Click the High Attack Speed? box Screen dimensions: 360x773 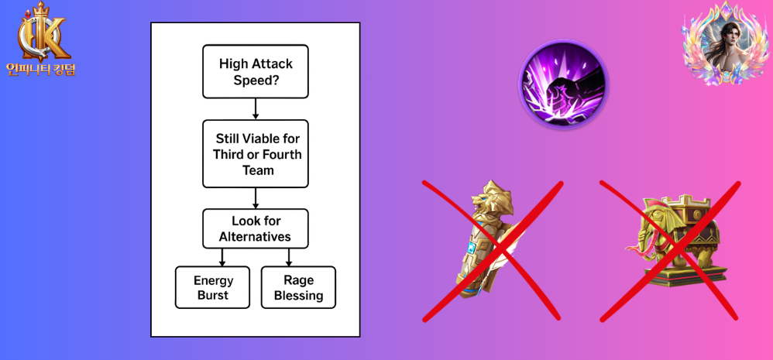[x=256, y=71]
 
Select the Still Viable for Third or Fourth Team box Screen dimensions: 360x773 [x=256, y=153]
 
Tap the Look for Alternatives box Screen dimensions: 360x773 [x=256, y=229]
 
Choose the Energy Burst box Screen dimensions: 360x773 [x=213, y=287]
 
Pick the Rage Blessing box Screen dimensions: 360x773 [x=298, y=287]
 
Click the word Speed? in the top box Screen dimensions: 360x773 [x=256, y=79]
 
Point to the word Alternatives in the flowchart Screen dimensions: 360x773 [x=256, y=237]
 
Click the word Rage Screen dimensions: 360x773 [x=298, y=280]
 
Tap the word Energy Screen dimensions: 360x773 [x=213, y=280]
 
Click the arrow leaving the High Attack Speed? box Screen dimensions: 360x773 [x=256, y=109]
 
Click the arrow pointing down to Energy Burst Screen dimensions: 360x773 [x=222, y=257]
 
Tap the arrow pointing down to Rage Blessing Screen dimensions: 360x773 [x=289, y=257]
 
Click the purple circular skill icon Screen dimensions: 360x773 [x=563, y=84]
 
